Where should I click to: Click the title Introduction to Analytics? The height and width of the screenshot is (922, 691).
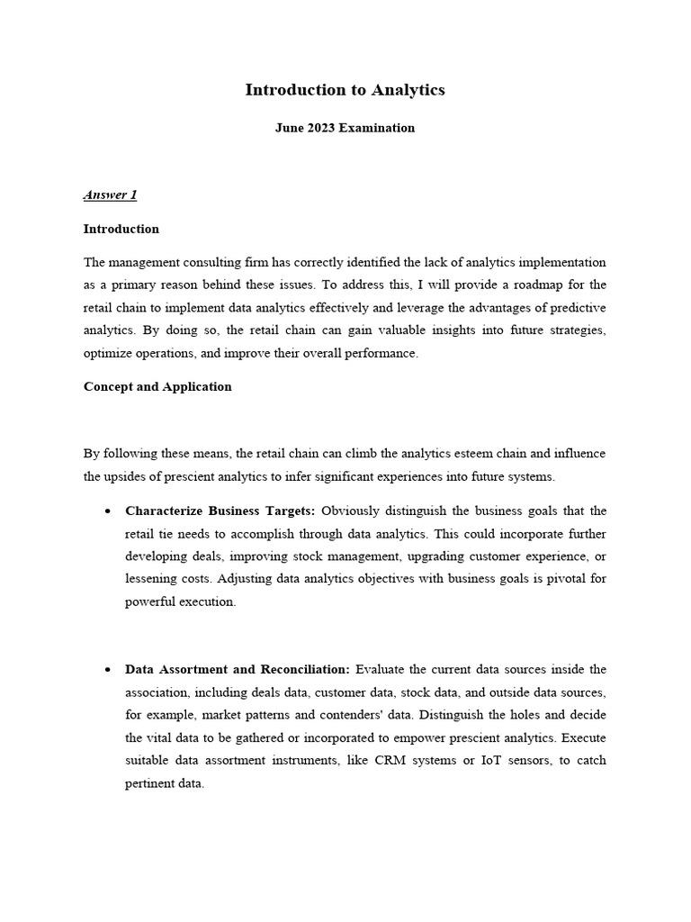345,90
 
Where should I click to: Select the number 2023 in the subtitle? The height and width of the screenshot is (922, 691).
321,128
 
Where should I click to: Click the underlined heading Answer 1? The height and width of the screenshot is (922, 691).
110,194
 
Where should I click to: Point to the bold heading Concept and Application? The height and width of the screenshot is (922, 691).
157,386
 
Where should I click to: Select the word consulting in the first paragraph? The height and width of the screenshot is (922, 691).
237,262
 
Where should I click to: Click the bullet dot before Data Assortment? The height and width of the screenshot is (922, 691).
107,670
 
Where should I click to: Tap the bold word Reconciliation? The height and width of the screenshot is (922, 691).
301,669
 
